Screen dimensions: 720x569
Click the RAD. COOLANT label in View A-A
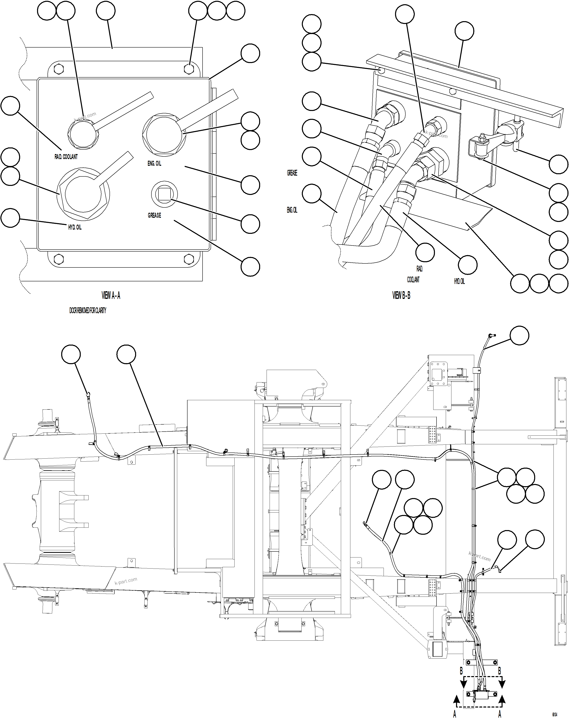66,157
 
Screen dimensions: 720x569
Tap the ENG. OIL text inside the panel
154,164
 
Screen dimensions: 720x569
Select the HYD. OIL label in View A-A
75,227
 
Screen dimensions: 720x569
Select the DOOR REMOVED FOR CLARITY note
88,311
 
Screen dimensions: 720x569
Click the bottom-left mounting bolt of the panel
59,259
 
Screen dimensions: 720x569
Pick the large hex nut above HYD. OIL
83,194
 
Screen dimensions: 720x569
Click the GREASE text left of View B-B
292,173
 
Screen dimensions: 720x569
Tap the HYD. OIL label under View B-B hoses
459,281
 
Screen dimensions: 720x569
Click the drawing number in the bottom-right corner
554,713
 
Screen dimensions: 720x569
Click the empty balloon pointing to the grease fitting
250,224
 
